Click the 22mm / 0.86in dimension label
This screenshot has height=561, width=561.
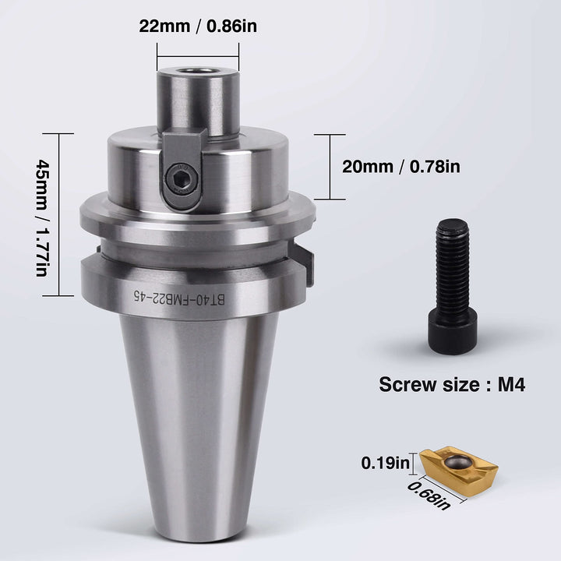coord(198,26)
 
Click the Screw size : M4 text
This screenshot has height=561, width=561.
coord(445,384)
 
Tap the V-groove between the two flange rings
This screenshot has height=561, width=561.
coord(195,242)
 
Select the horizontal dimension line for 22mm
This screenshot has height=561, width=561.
coord(198,55)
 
